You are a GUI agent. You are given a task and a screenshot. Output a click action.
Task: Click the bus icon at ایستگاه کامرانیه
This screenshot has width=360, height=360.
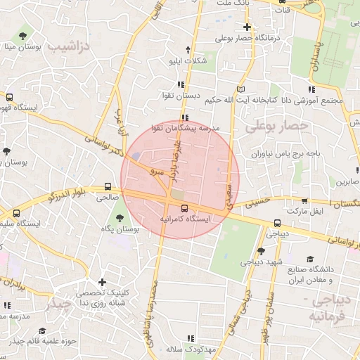[184, 208]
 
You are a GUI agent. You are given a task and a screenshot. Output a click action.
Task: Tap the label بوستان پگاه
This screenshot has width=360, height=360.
[117, 229]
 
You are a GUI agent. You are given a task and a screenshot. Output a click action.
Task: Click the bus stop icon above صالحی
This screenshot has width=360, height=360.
[108, 187]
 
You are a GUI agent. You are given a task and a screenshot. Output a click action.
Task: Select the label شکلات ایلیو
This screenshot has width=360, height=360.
[188, 60]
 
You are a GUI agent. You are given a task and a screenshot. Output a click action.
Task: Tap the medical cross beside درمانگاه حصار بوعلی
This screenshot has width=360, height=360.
[247, 27]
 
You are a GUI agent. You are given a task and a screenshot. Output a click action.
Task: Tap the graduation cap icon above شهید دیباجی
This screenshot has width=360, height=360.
[260, 251]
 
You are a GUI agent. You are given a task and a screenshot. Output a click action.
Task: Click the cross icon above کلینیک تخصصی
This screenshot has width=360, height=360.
[103, 282]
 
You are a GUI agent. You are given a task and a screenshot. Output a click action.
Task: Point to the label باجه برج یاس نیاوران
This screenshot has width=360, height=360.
[285, 153]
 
